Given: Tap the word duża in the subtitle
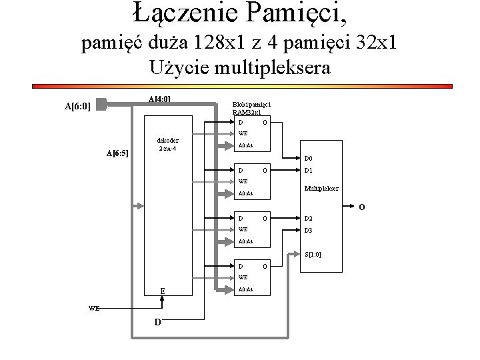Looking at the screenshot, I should (x=163, y=44).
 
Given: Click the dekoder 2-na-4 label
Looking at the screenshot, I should (x=166, y=144).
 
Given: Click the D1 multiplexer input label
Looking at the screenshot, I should (x=310, y=171).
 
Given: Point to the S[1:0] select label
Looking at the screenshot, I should (x=312, y=254).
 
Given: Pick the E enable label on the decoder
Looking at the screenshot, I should (x=163, y=291).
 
